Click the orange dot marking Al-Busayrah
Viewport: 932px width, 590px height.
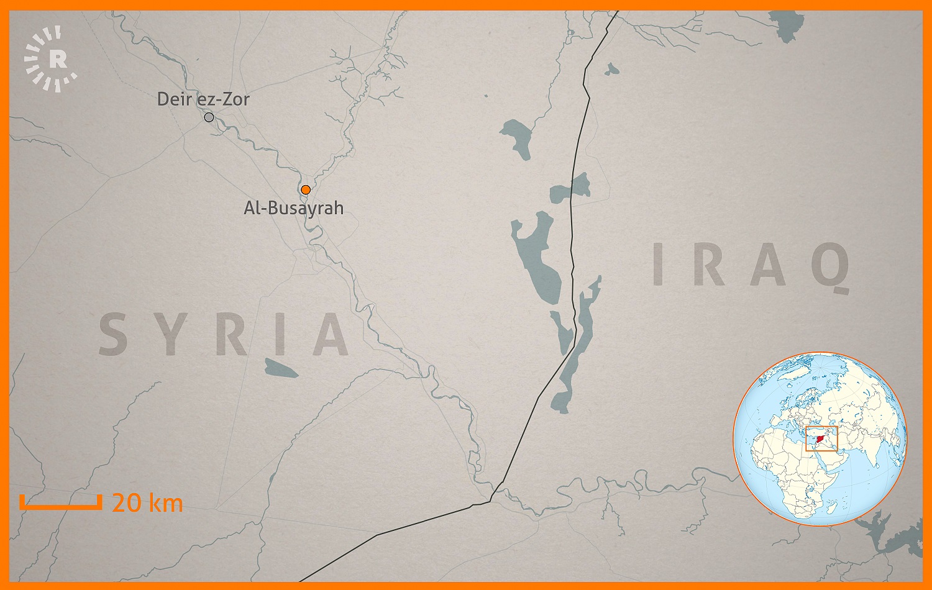306,189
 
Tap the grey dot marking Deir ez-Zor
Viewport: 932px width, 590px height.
209,117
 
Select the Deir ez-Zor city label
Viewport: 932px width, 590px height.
203,99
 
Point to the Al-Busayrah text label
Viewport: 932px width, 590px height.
293,207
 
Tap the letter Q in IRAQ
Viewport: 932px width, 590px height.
830,266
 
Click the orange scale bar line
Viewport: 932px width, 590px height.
60,506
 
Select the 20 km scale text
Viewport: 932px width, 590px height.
147,502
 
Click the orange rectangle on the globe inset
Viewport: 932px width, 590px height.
821,438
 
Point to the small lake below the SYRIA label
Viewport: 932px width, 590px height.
281,368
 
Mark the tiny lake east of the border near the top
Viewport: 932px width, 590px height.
612,68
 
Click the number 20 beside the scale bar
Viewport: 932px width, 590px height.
127,502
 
